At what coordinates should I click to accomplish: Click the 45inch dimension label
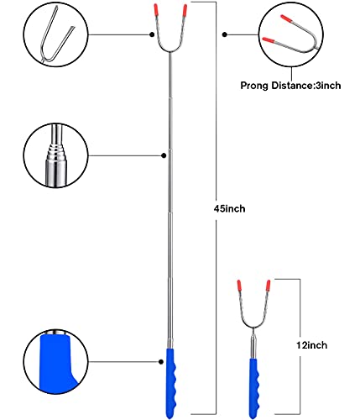229,209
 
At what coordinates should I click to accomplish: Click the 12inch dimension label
311,345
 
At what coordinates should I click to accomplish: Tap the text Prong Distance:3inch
290,86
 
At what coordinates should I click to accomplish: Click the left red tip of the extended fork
156,10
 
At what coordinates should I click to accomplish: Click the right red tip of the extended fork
185,10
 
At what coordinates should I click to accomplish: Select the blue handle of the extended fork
171,383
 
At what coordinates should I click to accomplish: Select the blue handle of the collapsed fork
254,388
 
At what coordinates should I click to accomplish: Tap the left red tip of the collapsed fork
239,285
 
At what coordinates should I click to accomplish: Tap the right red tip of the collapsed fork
269,285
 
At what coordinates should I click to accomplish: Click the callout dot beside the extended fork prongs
152,34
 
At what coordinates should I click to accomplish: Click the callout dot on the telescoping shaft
164,155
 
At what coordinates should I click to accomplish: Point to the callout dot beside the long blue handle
161,362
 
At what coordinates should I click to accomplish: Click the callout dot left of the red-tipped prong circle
225,34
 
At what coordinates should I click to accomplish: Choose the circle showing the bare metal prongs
55,34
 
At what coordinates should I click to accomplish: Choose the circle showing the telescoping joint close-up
55,155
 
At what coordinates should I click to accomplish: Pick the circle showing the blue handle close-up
55,362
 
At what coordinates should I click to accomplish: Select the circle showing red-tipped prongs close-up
291,34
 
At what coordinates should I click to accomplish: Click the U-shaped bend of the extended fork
170,51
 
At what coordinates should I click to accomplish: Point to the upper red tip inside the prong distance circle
286,18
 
